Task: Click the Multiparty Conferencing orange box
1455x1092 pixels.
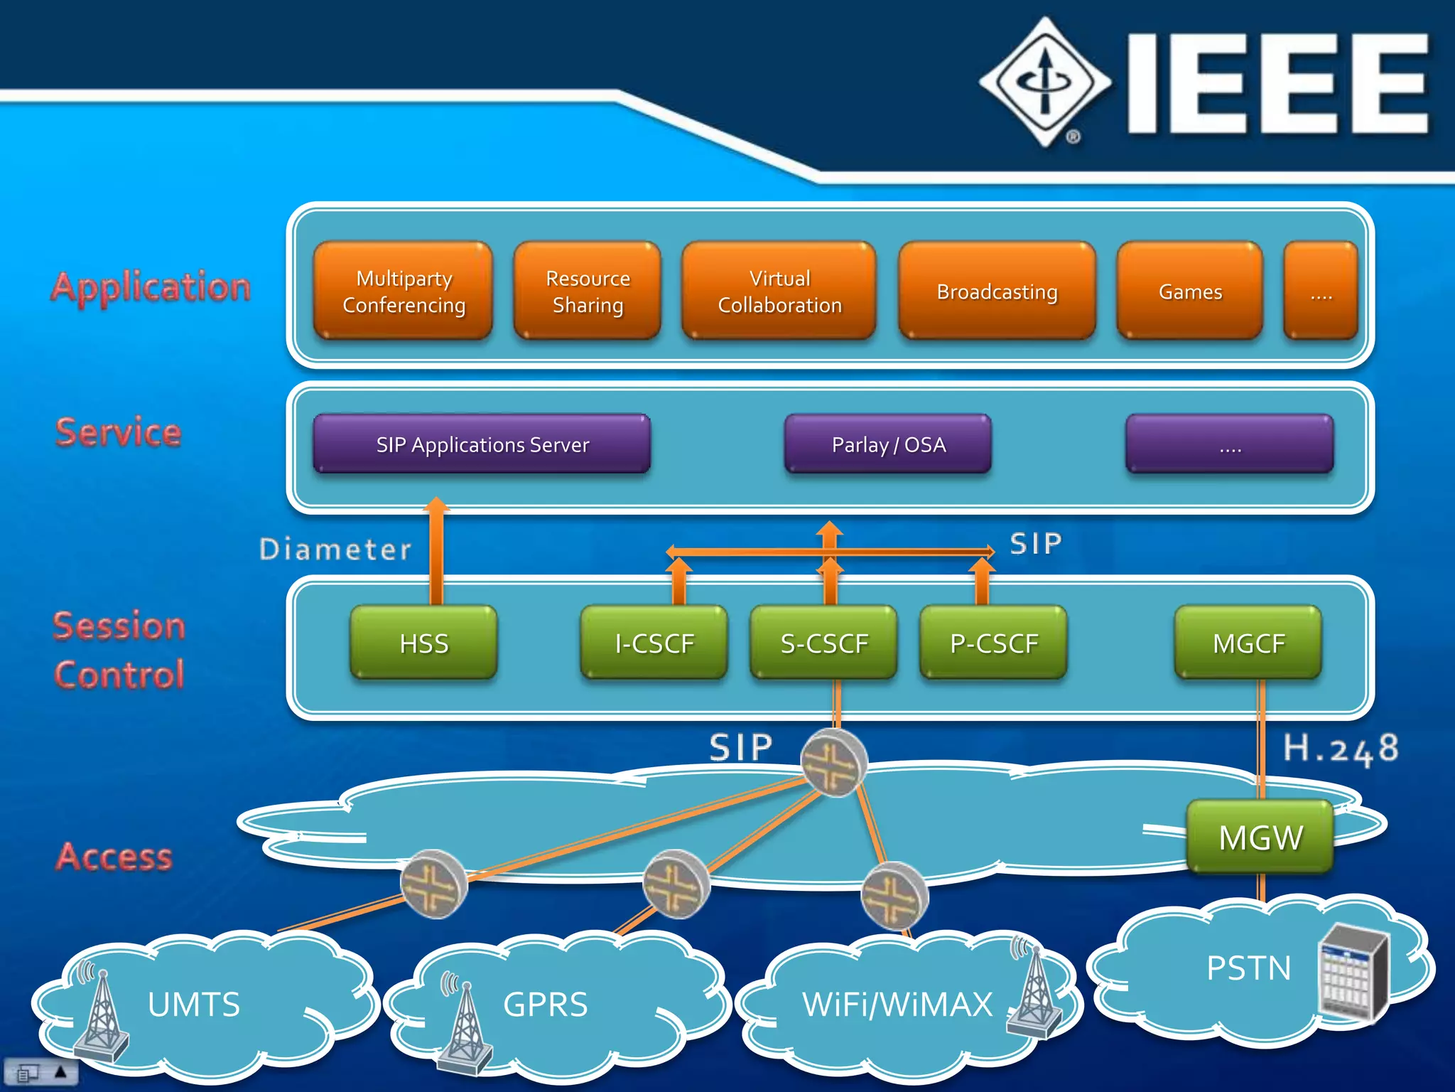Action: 403,291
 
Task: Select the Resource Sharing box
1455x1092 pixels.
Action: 588,291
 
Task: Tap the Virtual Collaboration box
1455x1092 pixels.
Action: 779,291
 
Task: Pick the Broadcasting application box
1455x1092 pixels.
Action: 997,291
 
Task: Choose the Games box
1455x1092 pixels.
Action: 1190,291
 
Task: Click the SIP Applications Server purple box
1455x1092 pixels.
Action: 482,444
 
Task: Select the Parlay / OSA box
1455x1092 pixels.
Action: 888,444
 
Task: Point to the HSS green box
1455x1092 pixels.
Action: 424,643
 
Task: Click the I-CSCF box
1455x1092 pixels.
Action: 654,643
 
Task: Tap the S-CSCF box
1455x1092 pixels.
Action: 824,643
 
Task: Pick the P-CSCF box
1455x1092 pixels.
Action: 994,643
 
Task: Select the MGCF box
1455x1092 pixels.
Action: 1248,643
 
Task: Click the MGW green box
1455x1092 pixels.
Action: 1260,837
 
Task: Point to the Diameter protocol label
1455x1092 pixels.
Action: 335,549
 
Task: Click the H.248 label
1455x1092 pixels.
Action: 1341,749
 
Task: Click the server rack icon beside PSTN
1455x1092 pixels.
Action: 1352,973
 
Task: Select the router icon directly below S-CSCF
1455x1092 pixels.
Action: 834,762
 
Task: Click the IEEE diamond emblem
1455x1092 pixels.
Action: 1045,82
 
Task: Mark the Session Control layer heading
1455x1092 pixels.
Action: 119,650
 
